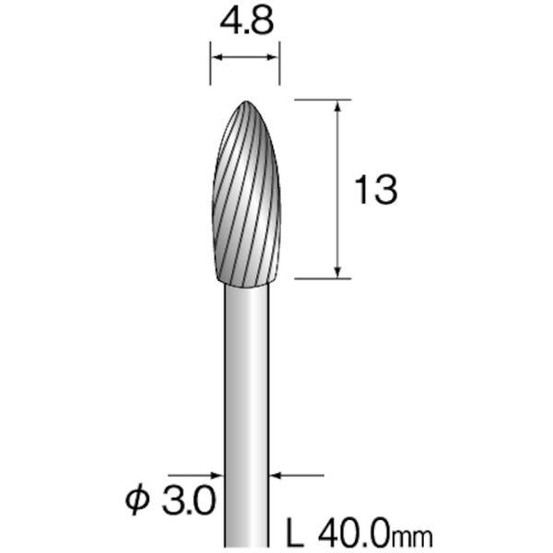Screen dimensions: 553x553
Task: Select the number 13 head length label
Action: (376, 191)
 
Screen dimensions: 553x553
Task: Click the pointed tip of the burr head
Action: (247, 102)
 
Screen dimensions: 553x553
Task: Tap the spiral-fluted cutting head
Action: (247, 203)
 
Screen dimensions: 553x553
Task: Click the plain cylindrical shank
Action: (247, 396)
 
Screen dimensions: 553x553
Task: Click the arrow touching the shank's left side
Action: (218, 477)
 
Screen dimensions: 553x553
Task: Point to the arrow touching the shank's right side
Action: (277, 477)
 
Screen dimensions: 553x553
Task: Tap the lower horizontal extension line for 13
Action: (323, 276)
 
